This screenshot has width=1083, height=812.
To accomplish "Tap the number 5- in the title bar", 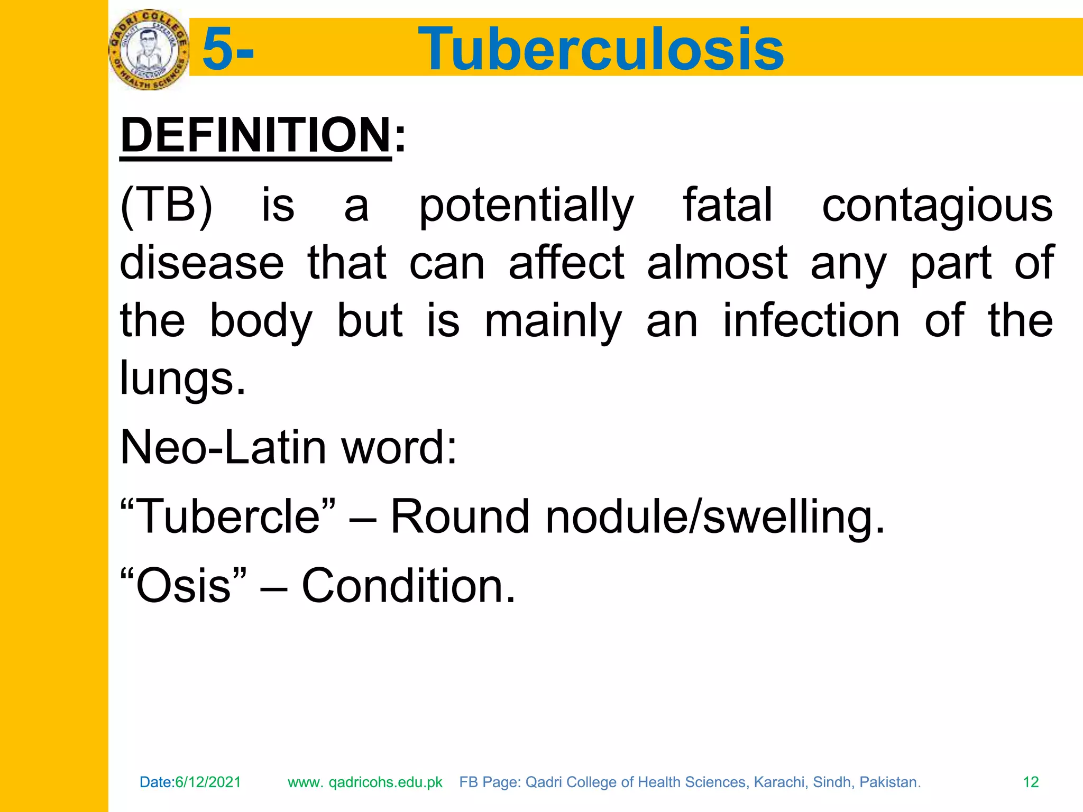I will point(228,49).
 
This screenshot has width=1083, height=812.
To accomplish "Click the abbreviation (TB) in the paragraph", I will point(167,205).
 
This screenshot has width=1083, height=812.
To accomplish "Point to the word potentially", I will point(526,206).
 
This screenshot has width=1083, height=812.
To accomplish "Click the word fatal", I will point(728,205).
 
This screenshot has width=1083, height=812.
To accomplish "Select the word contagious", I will point(937,206).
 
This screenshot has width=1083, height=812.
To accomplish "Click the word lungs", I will point(182,379).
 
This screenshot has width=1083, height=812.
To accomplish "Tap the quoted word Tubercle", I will point(228,516).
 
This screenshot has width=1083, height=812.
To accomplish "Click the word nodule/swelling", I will point(714,516).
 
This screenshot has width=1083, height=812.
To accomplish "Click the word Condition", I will point(408,585).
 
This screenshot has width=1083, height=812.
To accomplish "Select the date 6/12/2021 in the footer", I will point(208,782).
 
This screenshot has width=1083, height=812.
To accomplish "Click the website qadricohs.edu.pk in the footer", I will point(385,782).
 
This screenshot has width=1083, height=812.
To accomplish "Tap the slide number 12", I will point(1031,782).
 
